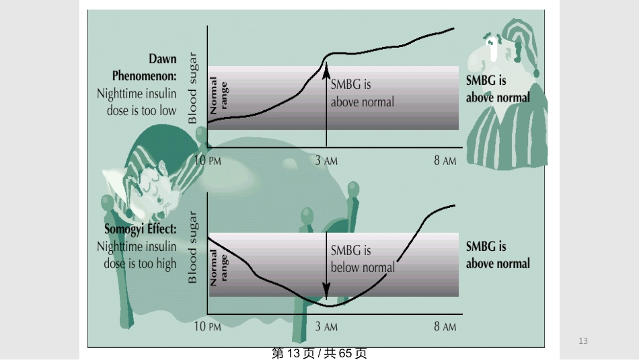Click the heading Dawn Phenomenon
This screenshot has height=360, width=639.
point(144,67)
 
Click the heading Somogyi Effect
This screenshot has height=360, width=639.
point(141,229)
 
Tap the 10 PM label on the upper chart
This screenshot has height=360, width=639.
point(208,160)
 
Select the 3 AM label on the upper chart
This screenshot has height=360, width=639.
point(326,160)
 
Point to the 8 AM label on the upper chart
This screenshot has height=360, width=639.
point(445,160)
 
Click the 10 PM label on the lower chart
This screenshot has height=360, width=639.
point(208,326)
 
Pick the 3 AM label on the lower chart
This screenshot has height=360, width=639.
point(326,326)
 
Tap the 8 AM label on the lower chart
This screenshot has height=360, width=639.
point(445,326)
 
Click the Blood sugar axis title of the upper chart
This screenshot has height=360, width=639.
point(192,87)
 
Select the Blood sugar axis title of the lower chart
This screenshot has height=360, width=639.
point(192,247)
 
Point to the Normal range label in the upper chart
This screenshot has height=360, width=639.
point(219,96)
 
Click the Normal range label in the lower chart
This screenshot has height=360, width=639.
point(219,267)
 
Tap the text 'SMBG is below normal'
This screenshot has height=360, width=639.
point(363,259)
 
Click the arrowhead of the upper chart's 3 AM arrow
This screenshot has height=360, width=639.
point(326,70)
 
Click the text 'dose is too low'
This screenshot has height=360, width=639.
point(141,110)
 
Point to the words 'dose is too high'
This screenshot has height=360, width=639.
point(140,264)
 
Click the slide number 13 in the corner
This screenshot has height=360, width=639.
point(583,341)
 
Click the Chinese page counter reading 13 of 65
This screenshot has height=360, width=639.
point(319,353)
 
